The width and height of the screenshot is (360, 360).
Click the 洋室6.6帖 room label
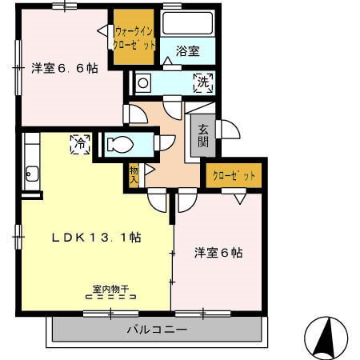(65, 69)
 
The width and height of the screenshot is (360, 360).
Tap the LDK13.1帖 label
(98, 238)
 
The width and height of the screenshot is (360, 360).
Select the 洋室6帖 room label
(218, 253)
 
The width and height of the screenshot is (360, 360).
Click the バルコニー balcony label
(156, 330)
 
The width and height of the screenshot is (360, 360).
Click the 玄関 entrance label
(203, 136)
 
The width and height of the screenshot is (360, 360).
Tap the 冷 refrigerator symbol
(79, 145)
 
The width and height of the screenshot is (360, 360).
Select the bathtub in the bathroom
(188, 23)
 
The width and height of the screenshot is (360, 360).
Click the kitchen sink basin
(33, 172)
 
